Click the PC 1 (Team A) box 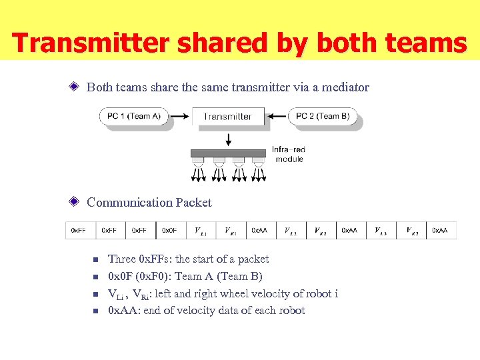pos(134,116)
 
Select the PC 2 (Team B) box pos(323,116)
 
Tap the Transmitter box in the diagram pos(227,116)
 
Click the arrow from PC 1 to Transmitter pos(177,116)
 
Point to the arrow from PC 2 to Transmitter pos(278,116)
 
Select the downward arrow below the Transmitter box pos(229,139)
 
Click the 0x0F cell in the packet pos(170,230)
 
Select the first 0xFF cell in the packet pos(80,230)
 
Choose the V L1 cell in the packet pos(200,231)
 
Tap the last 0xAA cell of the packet pos(441,230)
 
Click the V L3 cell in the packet pos(381,231)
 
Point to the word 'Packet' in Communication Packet pos(193,203)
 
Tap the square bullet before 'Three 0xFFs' pos(95,259)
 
